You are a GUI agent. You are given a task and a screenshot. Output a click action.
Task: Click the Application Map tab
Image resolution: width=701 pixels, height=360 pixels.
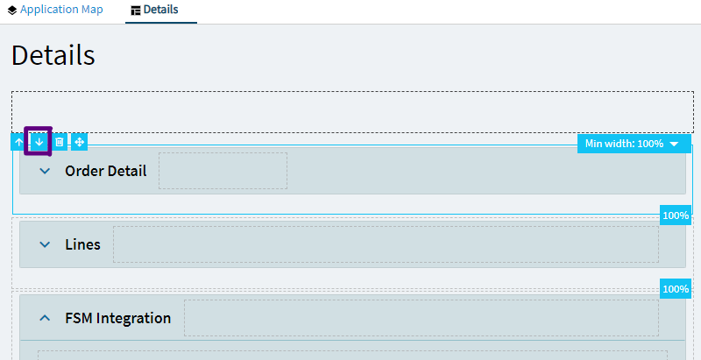[55, 10]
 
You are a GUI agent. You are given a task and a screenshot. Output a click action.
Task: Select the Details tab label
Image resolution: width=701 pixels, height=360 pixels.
[161, 10]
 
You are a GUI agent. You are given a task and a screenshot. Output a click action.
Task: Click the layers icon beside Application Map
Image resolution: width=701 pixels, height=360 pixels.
[12, 10]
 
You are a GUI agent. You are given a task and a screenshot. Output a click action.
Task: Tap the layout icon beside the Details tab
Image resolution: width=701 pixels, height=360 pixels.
[136, 11]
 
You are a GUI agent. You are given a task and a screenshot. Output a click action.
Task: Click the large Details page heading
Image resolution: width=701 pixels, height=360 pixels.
[53, 56]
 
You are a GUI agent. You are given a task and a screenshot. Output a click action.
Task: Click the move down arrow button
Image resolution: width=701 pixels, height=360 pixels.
[39, 143]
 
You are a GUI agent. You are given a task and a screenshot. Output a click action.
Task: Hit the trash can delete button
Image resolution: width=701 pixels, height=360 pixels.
[60, 143]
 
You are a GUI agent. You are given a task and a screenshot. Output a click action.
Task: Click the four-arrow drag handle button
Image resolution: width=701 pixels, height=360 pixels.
[79, 143]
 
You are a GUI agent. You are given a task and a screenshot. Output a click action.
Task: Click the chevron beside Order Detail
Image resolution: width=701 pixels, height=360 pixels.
[45, 171]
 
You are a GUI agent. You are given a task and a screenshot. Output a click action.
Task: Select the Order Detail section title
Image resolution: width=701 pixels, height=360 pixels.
[106, 171]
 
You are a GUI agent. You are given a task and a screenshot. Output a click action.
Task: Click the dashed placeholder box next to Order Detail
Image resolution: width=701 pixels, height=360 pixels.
[223, 171]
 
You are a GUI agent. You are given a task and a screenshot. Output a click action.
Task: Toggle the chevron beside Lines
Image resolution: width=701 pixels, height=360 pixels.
[45, 244]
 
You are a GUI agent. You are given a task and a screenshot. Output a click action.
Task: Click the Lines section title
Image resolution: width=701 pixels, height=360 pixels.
[82, 244]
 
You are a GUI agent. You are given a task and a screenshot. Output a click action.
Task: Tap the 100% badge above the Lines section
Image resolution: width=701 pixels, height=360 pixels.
[676, 215]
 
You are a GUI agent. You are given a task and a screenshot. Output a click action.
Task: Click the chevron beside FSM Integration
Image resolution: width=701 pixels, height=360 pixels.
[45, 318]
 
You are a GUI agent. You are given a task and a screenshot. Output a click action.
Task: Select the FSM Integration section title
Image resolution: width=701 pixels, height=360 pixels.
[118, 318]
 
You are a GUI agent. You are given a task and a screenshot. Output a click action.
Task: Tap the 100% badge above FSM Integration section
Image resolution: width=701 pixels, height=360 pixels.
[676, 289]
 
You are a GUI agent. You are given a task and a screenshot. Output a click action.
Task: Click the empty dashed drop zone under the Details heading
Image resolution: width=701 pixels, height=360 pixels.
[353, 111]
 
